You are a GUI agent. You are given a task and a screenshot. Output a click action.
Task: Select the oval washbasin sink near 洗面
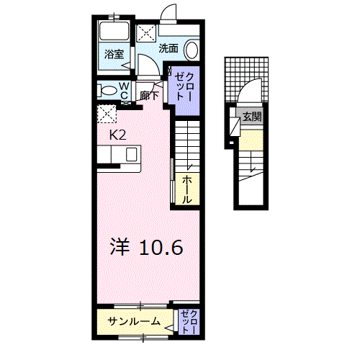click(192, 50)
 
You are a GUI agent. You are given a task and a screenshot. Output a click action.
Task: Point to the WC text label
click(123, 90)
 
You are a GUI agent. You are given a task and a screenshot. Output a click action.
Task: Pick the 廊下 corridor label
click(150, 94)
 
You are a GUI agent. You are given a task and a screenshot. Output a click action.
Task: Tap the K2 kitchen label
click(117, 134)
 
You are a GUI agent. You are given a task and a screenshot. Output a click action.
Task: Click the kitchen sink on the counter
click(132, 155)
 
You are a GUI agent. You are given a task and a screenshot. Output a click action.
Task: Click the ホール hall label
click(186, 189)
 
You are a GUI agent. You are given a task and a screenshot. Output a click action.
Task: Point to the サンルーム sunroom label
click(134, 320)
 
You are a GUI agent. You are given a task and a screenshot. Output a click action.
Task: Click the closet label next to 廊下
click(184, 86)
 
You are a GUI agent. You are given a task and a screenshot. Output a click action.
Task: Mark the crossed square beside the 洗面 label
click(147, 32)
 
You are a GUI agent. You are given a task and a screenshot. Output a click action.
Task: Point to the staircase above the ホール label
click(186, 144)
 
